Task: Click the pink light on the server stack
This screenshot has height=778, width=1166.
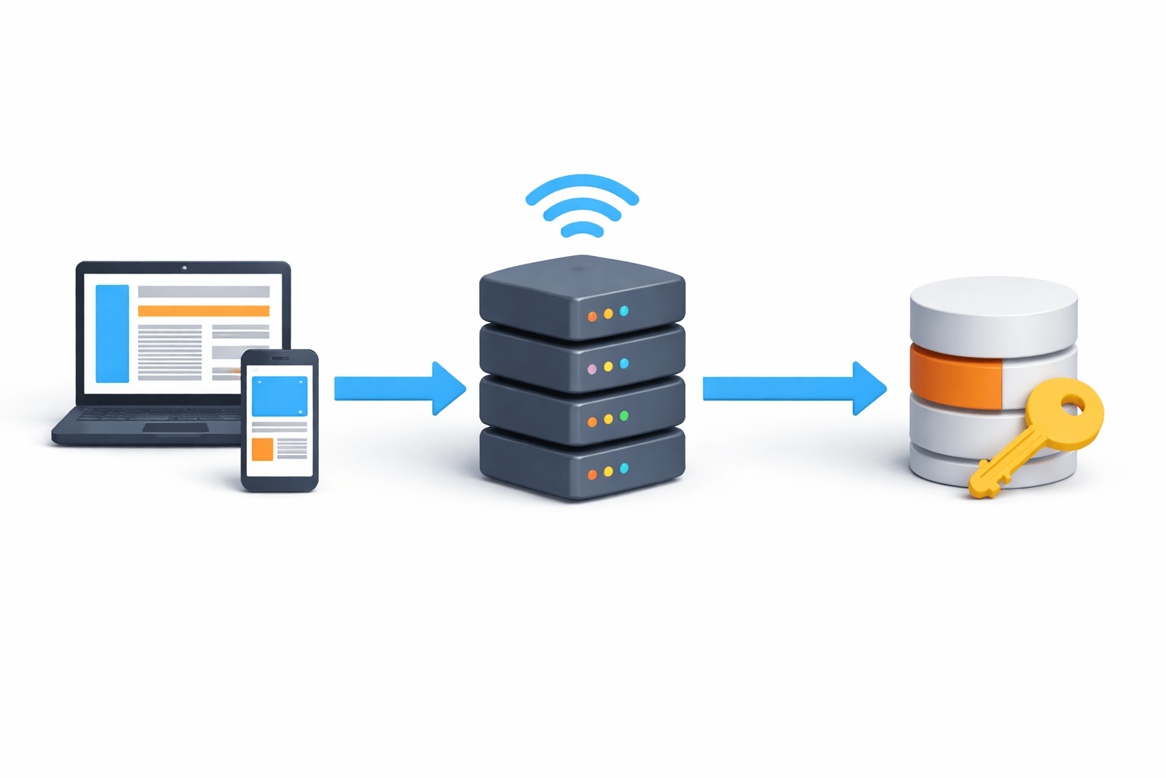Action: point(592,369)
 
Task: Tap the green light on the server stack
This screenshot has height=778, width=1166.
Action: point(624,416)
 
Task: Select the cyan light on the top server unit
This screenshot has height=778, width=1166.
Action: point(624,311)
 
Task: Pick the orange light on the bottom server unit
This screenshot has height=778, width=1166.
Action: point(592,475)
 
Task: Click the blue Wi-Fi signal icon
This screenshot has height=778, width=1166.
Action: point(582,206)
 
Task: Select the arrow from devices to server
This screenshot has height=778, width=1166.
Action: point(399,388)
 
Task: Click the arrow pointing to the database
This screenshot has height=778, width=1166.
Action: point(793,388)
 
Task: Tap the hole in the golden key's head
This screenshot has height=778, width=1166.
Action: point(1072,408)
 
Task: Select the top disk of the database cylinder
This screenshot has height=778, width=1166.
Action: point(993,304)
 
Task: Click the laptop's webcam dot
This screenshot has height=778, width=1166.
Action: point(184,267)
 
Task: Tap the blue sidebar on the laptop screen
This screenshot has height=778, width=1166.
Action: point(112,334)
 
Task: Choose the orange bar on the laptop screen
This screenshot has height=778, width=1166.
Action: point(203,311)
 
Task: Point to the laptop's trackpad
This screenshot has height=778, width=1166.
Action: point(175,429)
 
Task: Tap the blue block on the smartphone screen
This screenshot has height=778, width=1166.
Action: point(279,397)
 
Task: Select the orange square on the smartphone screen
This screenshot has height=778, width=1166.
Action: point(263,449)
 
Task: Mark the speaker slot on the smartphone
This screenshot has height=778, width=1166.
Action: point(280,359)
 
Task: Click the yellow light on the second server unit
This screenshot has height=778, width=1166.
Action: point(608,367)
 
